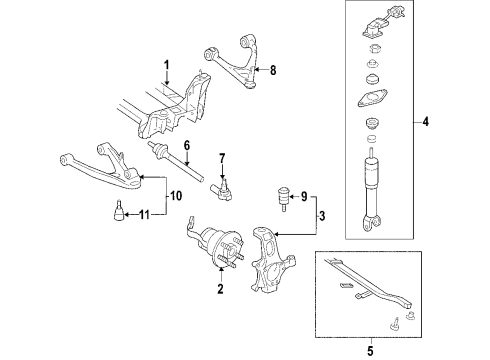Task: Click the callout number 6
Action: pos(185,144)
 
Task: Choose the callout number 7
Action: pos(222,157)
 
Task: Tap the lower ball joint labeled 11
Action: pos(117,211)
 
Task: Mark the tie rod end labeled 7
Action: pos(222,185)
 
